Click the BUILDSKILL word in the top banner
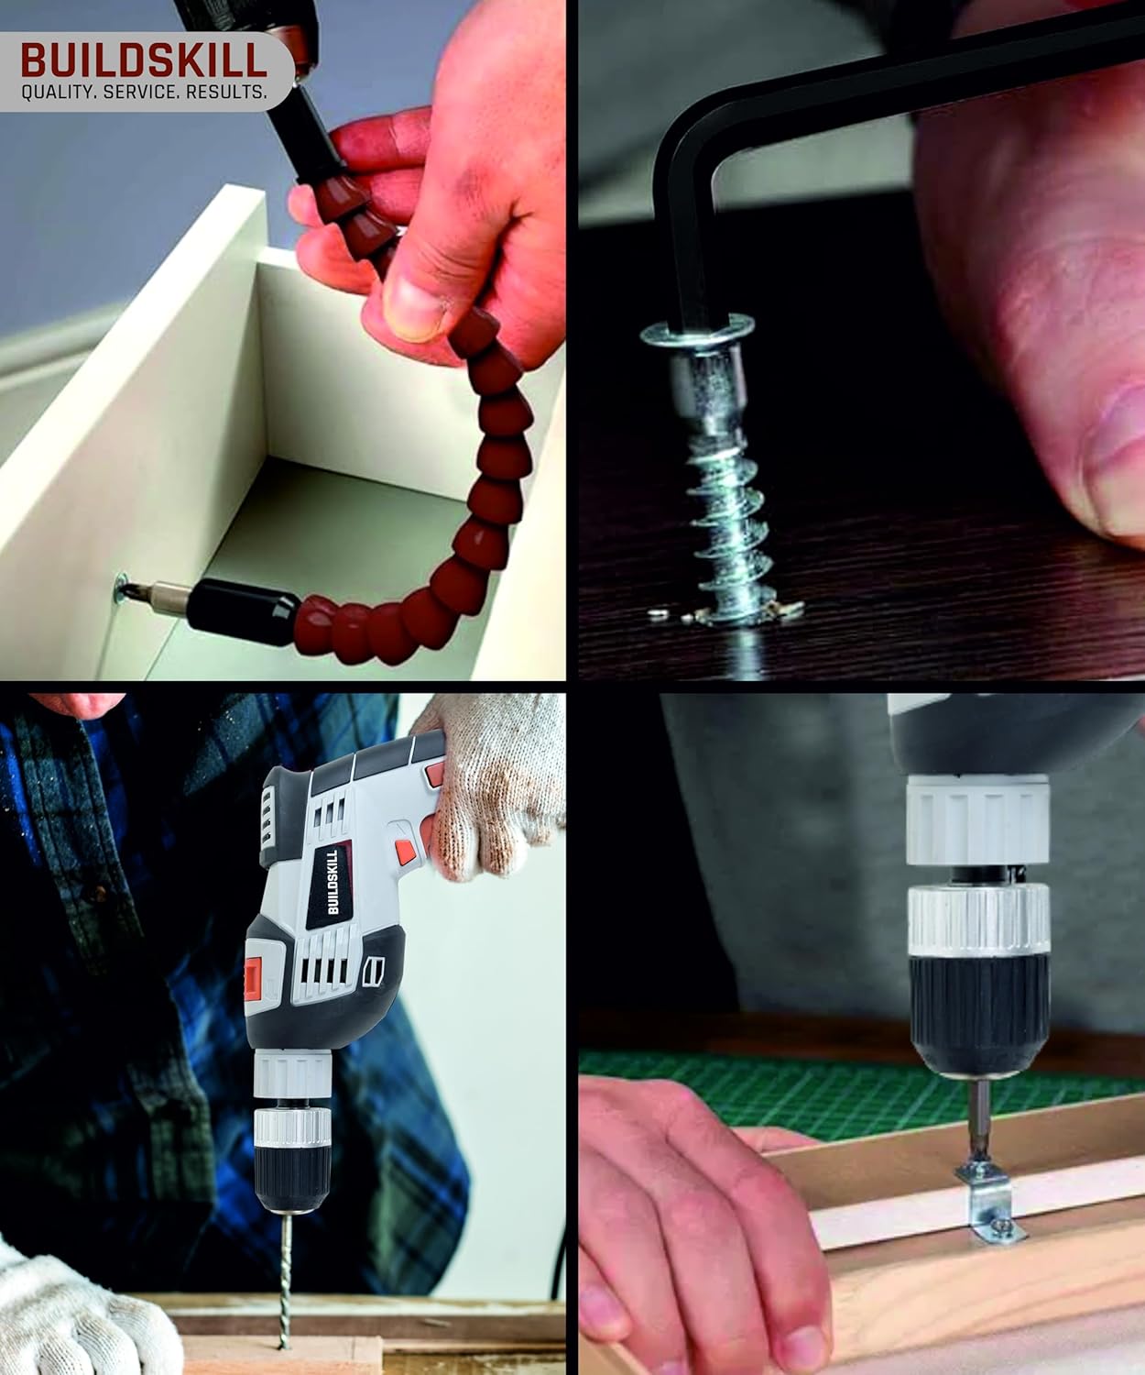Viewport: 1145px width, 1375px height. (144, 60)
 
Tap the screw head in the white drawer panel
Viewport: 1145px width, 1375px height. (122, 588)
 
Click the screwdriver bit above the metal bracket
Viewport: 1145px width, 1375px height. (979, 1123)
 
